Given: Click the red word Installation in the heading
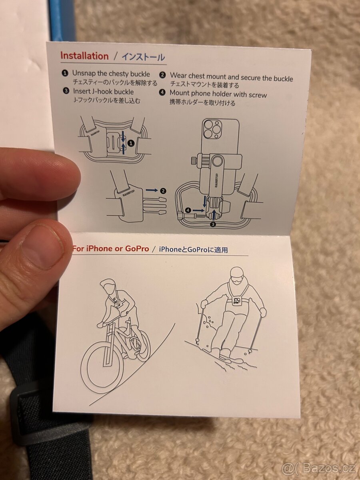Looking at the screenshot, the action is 84,56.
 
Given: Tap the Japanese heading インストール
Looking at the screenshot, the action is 143,57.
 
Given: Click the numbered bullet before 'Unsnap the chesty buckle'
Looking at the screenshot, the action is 65,73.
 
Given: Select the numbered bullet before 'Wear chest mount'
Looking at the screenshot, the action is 162,75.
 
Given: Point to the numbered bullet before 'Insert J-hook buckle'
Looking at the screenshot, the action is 66,91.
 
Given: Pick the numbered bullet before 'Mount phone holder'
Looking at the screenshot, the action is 162,92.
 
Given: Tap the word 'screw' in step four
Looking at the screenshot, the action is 258,95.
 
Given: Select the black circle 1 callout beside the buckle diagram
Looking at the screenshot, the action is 131,144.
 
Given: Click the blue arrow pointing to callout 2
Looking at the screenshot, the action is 152,190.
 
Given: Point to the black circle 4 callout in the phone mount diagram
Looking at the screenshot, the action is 188,210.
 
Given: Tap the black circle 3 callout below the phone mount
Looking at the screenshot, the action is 213,224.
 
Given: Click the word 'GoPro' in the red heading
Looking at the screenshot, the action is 137,249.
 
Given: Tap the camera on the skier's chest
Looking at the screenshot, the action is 236,300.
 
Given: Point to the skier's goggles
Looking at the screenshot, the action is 236,279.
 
